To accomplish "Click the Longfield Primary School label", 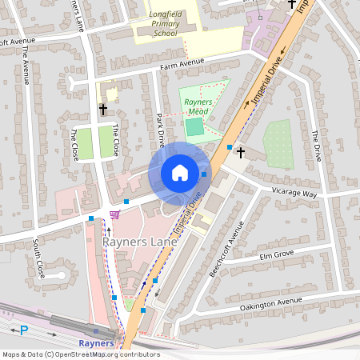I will pyautogui.click(x=166, y=24).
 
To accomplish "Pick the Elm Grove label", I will pyautogui.click(x=278, y=254).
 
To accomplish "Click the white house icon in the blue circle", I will pyautogui.click(x=180, y=173).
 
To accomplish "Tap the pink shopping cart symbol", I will pyautogui.click(x=114, y=214).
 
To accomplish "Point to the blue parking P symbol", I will pyautogui.click(x=23, y=330).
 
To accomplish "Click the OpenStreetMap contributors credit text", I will pyautogui.click(x=81, y=354).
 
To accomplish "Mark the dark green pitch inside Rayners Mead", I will pyautogui.click(x=194, y=126).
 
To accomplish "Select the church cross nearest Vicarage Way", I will pyautogui.click(x=240, y=151).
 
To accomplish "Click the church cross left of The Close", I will pyautogui.click(x=102, y=108).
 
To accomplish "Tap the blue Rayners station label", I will pyautogui.click(x=96, y=344).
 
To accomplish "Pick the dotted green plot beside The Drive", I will pyautogui.click(x=278, y=144).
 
